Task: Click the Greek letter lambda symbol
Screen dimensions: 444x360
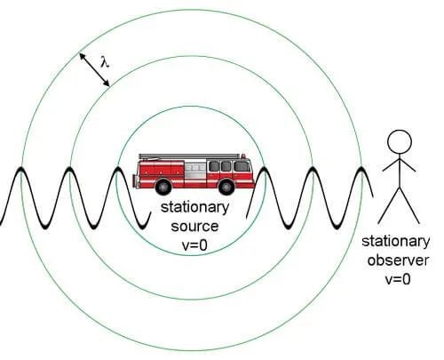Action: [x=105, y=62]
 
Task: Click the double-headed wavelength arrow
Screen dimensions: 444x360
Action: [x=94, y=69]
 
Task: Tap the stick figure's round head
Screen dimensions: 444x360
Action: [x=400, y=141]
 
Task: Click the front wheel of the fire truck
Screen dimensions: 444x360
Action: [x=226, y=187]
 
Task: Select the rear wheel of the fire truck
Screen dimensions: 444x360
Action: [x=163, y=187]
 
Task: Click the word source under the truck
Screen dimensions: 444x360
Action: [x=194, y=227]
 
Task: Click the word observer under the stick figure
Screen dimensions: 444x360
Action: [x=398, y=260]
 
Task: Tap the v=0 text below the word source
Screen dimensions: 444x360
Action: [x=194, y=245]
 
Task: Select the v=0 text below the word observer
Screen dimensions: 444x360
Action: [x=398, y=279]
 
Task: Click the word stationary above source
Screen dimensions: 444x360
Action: [x=194, y=208]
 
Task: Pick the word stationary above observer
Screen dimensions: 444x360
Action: [x=396, y=242]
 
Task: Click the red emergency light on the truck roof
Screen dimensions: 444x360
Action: [x=243, y=156]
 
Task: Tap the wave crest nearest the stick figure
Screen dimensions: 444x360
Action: [x=361, y=169]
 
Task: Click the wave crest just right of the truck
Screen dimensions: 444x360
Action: [x=264, y=169]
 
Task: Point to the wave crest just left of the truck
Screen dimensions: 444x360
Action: [x=118, y=169]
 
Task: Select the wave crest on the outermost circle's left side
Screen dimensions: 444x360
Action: [x=20, y=169]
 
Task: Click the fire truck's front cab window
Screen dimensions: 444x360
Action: [x=242, y=166]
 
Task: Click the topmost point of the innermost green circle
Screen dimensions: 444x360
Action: [x=191, y=106]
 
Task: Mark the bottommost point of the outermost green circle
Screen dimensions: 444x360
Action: [x=191, y=350]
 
